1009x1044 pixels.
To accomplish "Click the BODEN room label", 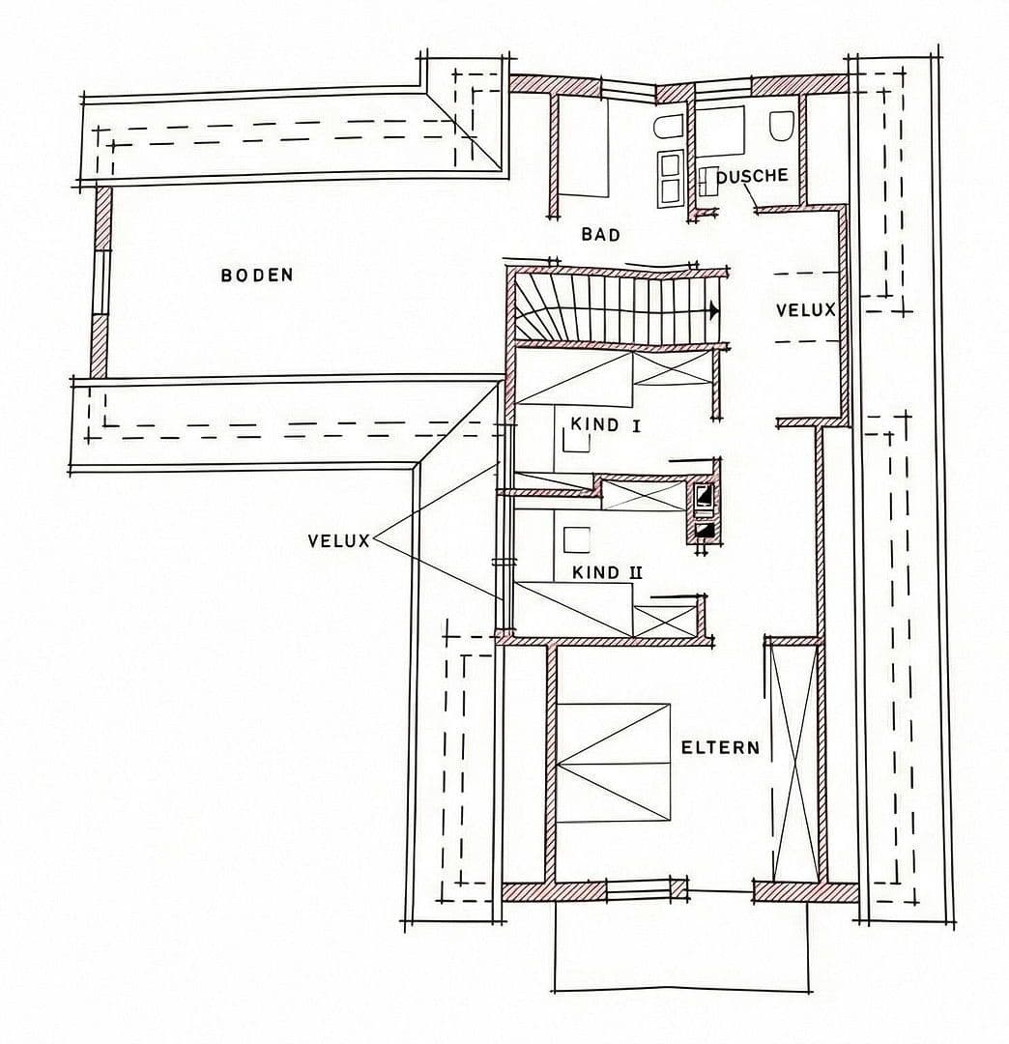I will pos(256,275).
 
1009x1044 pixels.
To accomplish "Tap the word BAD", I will pos(600,234).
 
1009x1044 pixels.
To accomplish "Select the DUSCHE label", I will pos(752,176).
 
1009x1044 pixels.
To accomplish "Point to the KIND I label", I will pos(606,423).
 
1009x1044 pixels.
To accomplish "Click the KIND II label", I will pos(607,572).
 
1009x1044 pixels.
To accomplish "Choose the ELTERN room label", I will pos(720,747).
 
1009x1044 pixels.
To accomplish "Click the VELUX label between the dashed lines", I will pos(805,310).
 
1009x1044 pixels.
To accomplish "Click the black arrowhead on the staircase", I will pos(713,310).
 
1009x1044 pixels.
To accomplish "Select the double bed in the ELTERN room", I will pos(614,763).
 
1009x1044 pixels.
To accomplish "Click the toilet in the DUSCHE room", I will pos(782,126).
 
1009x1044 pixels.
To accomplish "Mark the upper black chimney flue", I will pos(705,497).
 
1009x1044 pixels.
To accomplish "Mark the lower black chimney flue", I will pos(705,530).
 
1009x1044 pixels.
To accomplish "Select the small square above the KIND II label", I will pos(577,538).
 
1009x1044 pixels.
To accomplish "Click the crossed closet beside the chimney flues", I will pos(642,496).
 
